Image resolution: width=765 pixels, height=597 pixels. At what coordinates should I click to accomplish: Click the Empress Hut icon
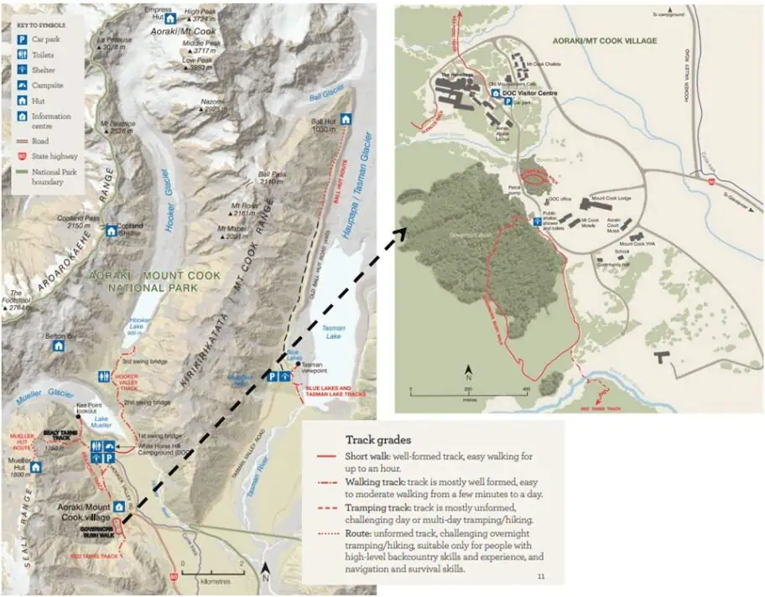click(170, 18)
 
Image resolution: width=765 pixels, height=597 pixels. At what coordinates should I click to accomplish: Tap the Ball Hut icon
click(344, 118)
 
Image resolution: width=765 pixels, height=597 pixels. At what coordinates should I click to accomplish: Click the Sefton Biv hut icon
click(58, 345)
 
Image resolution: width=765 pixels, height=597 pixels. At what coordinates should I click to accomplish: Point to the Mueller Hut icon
click(35, 466)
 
